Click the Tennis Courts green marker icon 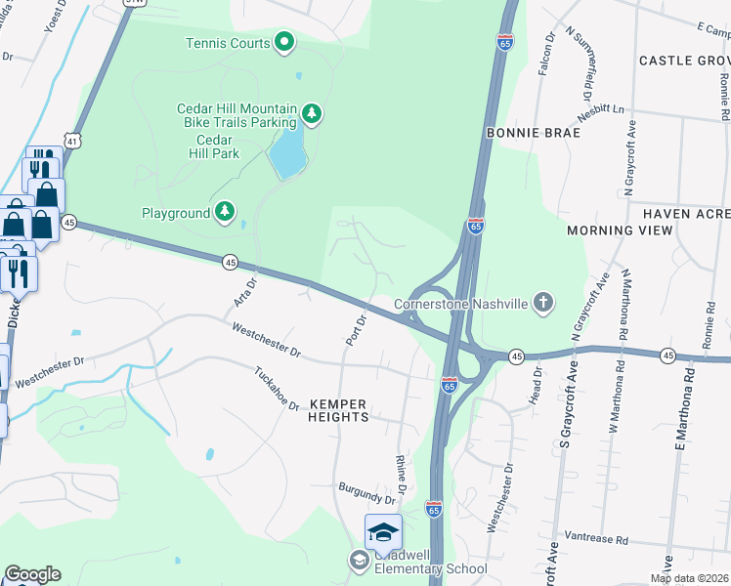coord(284,42)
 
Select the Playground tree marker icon coord(226,212)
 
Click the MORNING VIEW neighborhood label coord(620,230)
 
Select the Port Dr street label coord(356,329)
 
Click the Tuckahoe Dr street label coord(277,388)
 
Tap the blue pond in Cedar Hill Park coord(286,153)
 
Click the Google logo coord(32,574)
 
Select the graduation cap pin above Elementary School coord(383,532)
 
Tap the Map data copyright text coord(688,578)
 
